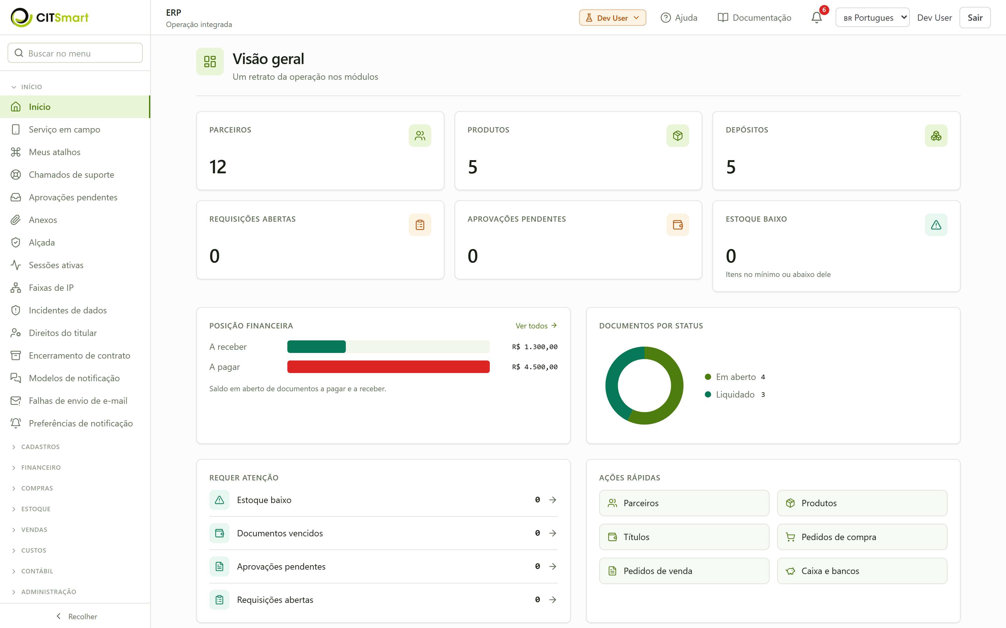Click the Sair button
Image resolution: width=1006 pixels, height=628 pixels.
[975, 18]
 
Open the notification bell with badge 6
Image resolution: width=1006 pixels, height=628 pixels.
[816, 18]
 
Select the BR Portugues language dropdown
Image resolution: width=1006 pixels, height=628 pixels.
[872, 18]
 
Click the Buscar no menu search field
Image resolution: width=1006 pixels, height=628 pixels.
[75, 53]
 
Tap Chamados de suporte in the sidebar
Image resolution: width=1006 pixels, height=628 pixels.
[71, 175]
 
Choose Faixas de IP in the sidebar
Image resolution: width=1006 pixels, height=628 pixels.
[51, 288]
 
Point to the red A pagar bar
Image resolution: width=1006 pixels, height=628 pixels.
[388, 367]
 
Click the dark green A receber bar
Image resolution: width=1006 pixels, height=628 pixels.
[316, 347]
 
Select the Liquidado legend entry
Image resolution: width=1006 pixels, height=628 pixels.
[735, 395]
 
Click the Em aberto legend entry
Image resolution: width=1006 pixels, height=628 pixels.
[735, 377]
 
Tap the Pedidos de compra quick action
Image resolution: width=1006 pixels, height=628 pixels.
[862, 537]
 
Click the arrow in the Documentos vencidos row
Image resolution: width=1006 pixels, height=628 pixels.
[552, 533]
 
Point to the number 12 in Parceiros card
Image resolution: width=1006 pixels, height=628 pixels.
[218, 167]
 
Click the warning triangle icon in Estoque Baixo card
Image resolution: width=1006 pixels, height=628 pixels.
[936, 225]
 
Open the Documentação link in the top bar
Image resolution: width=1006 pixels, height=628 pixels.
[754, 18]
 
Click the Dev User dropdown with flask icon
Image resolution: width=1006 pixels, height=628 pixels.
[612, 18]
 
